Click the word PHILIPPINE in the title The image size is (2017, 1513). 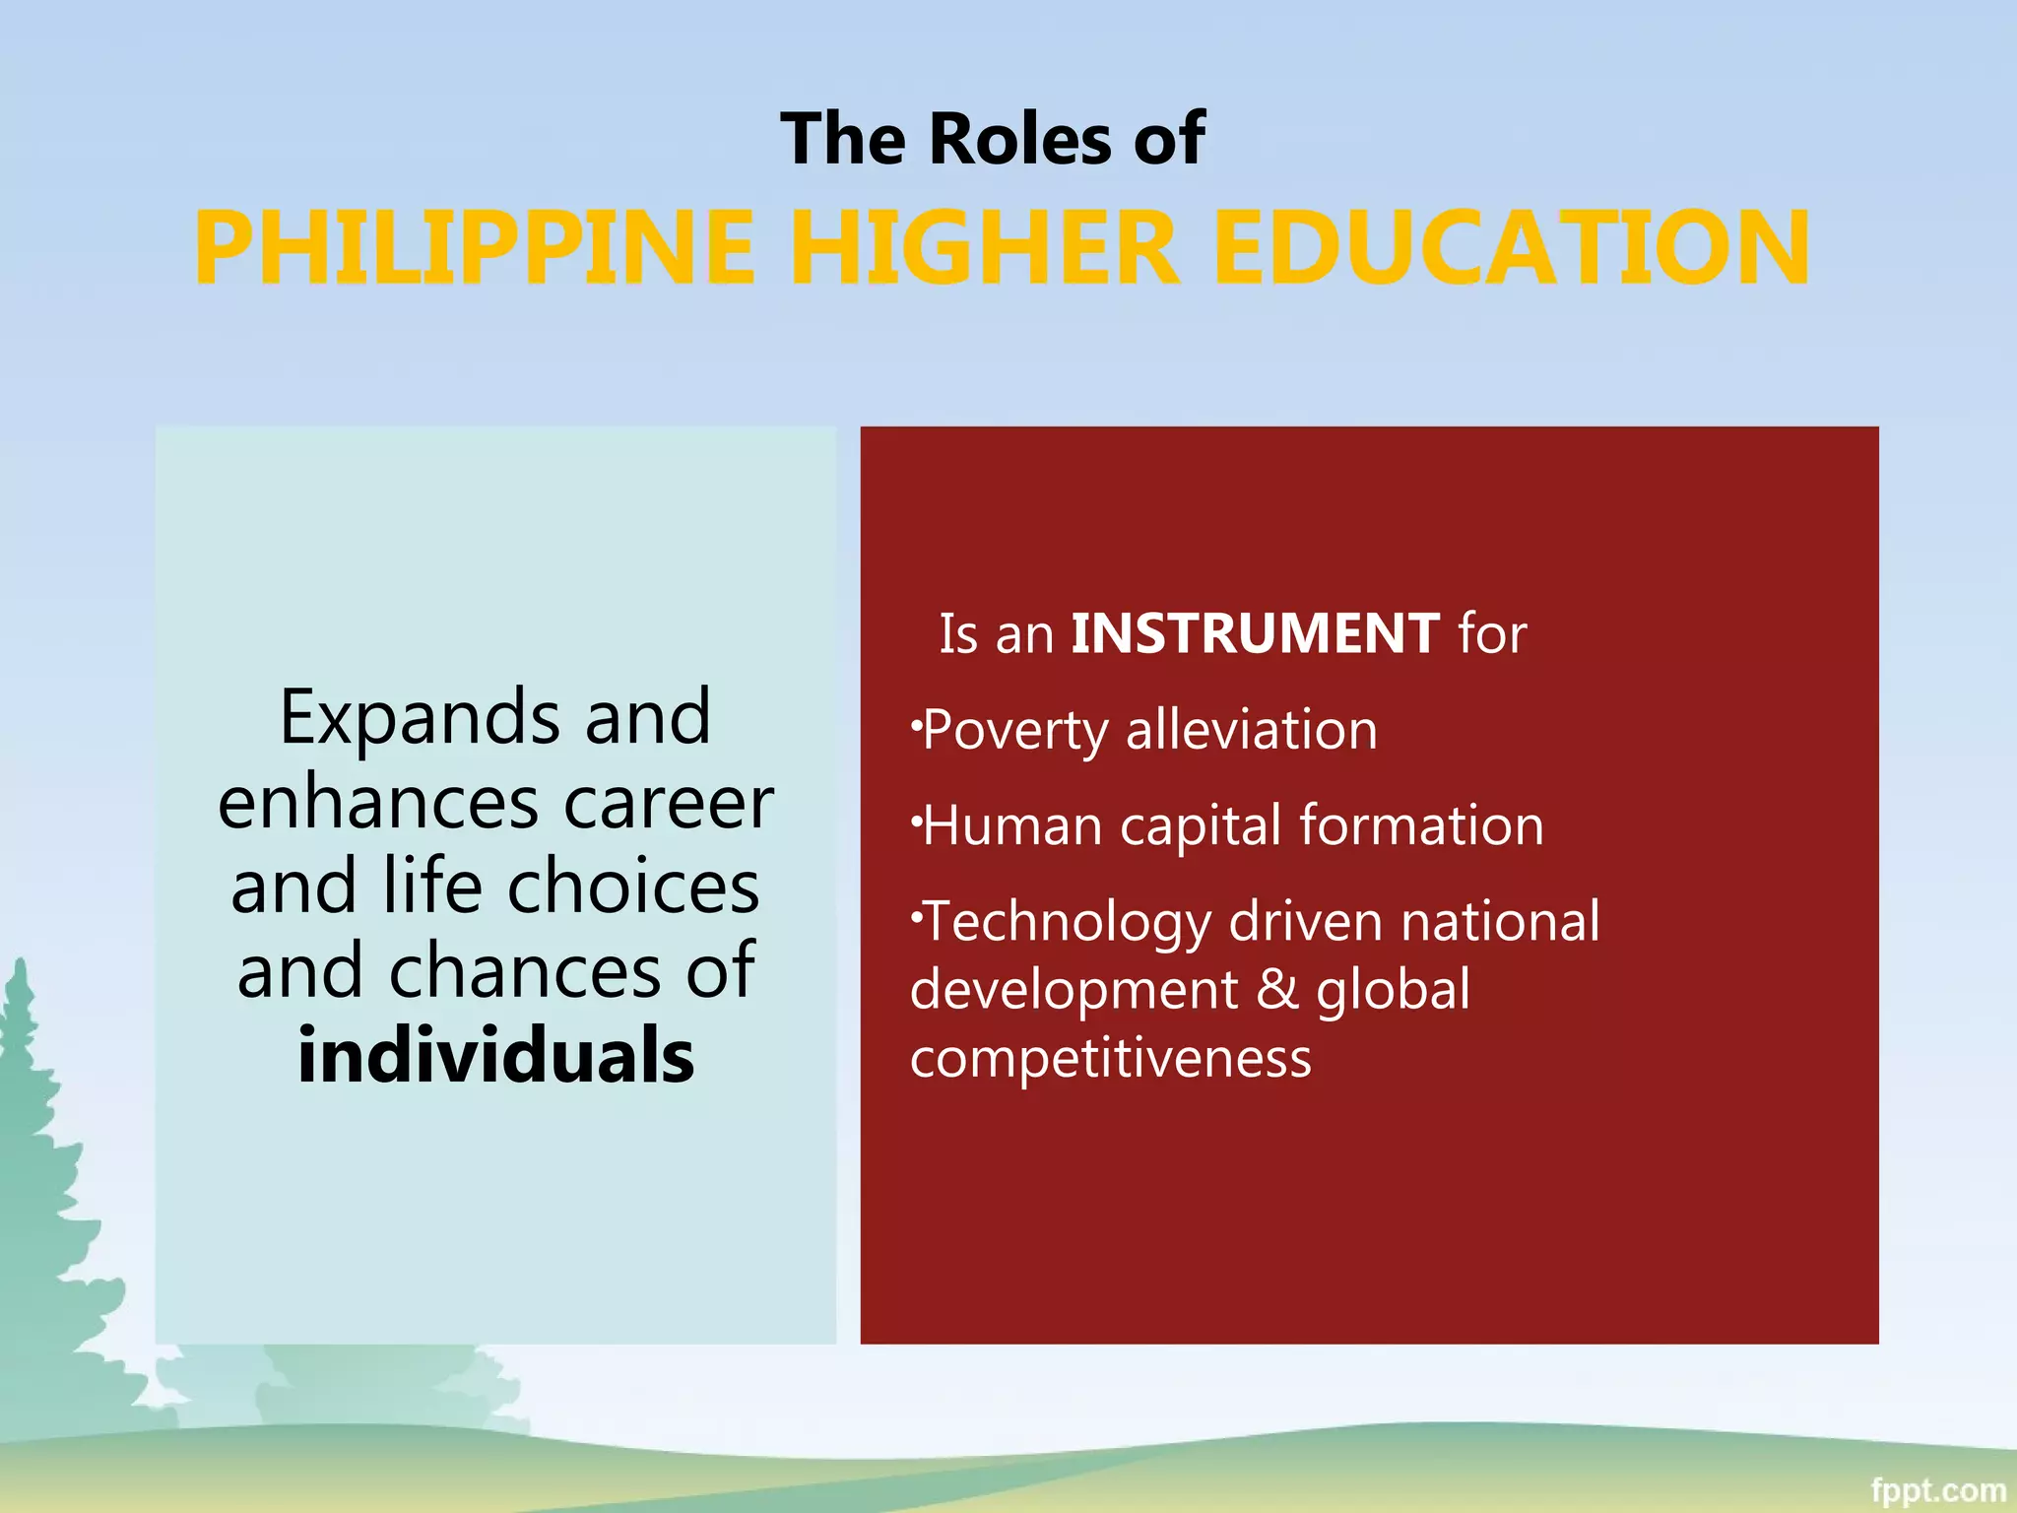pyautogui.click(x=474, y=248)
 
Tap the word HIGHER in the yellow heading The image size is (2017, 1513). pyautogui.click(x=984, y=248)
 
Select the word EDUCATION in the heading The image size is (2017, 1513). pyautogui.click(x=1511, y=248)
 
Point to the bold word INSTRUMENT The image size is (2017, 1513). pyautogui.click(x=1255, y=633)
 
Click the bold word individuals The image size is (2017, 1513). pyautogui.click(x=495, y=1056)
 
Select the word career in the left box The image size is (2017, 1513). pyautogui.click(x=669, y=803)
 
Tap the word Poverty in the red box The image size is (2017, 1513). pyautogui.click(x=1015, y=731)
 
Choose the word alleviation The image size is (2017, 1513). pyautogui.click(x=1251, y=730)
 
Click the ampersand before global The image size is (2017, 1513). pyautogui.click(x=1277, y=989)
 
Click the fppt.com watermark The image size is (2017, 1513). pyautogui.click(x=1937, y=1490)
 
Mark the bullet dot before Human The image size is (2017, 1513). pyautogui.click(x=916, y=817)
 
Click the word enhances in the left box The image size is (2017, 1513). pyautogui.click(x=378, y=803)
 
